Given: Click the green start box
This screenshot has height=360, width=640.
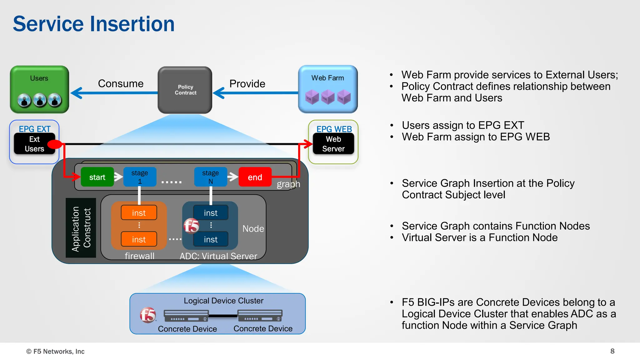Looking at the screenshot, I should (x=97, y=177).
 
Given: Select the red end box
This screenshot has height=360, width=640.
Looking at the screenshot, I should (x=255, y=177).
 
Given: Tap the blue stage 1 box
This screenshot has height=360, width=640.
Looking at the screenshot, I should (x=140, y=177).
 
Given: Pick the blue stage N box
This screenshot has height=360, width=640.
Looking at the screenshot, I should (x=210, y=177).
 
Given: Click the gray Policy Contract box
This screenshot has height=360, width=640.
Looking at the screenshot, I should (x=185, y=90).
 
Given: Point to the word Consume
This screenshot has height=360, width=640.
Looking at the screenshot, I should (x=121, y=83).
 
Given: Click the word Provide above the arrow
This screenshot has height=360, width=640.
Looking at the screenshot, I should (x=247, y=83).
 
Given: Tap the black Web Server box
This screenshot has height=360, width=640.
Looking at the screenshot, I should (x=333, y=144).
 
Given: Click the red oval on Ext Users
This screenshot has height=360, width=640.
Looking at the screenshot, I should (x=55, y=144).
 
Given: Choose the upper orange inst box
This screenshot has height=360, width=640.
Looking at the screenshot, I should (x=139, y=213).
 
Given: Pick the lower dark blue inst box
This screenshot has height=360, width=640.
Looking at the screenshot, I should (x=211, y=239).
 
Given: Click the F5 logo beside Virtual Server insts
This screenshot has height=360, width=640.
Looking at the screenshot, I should (x=191, y=226).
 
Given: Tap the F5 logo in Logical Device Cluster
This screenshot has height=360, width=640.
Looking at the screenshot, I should (x=148, y=315).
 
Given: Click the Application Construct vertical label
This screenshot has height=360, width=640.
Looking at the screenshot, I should (x=81, y=228).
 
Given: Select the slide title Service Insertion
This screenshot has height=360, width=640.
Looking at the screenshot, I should (x=94, y=24).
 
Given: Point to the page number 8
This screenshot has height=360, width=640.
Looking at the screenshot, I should (x=612, y=351).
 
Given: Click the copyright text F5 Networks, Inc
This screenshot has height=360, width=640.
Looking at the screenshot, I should (x=56, y=351).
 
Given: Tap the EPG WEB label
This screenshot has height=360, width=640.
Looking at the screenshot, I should (x=334, y=129).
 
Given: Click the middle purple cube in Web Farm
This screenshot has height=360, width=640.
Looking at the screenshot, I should (x=327, y=97).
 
